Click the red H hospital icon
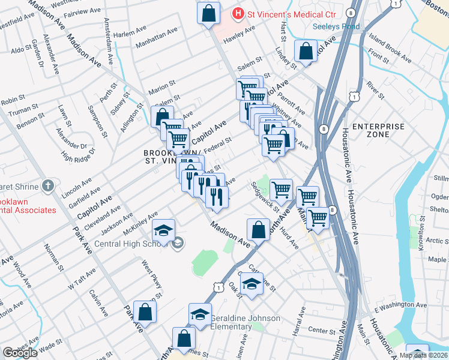tap(239, 13)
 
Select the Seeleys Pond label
tap(336, 26)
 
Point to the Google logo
tap(20, 353)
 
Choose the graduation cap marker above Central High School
tap(163, 230)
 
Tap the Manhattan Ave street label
tap(157, 37)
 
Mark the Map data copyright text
tap(424, 355)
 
